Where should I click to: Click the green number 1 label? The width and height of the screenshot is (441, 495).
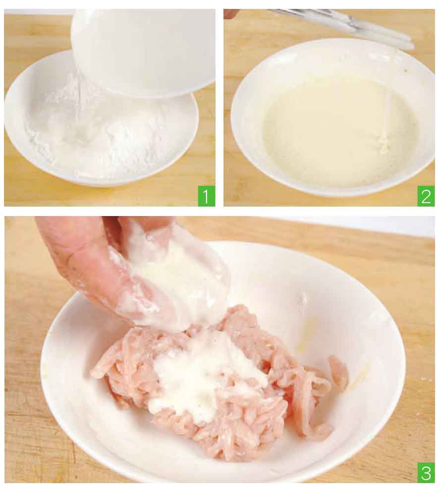(x=207, y=196)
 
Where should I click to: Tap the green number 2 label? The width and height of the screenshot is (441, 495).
(x=426, y=196)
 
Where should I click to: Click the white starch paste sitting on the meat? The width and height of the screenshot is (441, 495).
(x=202, y=376)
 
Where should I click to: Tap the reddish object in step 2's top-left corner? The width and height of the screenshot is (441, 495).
(x=230, y=13)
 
